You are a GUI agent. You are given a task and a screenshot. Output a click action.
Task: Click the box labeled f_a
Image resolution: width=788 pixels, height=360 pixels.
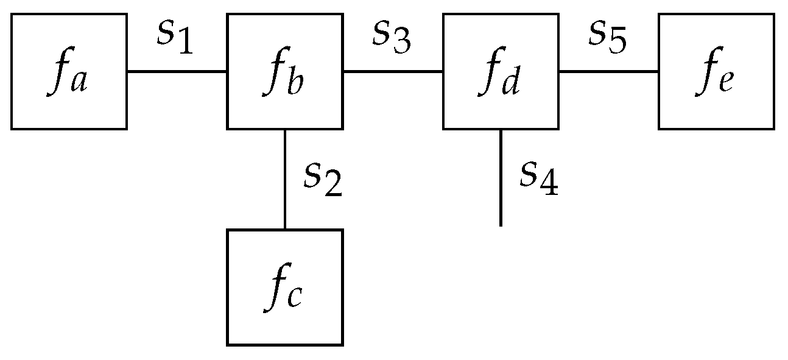point(68,71)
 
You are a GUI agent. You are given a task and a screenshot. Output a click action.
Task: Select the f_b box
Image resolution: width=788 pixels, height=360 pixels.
point(284,71)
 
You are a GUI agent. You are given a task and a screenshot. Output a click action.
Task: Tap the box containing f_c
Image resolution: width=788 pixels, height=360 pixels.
point(284,287)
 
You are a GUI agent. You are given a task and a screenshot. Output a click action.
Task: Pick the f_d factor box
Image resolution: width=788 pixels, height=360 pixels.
point(501,71)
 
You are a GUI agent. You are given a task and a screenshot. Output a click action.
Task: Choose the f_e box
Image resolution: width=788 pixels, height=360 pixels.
point(716,71)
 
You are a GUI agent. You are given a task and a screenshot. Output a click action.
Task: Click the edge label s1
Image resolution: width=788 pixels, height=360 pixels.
point(175,38)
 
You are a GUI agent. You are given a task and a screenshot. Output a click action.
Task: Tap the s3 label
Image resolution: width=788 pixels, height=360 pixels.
point(392,38)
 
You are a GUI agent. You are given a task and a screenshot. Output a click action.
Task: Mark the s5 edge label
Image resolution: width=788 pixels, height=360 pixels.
point(607,38)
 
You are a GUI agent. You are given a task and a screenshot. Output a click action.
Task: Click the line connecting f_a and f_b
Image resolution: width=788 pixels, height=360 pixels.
point(177,71)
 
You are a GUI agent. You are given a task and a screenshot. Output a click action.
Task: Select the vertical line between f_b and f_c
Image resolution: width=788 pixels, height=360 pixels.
point(285,179)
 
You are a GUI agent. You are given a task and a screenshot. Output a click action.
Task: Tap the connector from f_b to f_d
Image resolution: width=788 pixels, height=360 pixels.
point(393,71)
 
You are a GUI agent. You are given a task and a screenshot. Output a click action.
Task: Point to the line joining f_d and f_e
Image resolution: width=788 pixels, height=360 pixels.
point(608,71)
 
